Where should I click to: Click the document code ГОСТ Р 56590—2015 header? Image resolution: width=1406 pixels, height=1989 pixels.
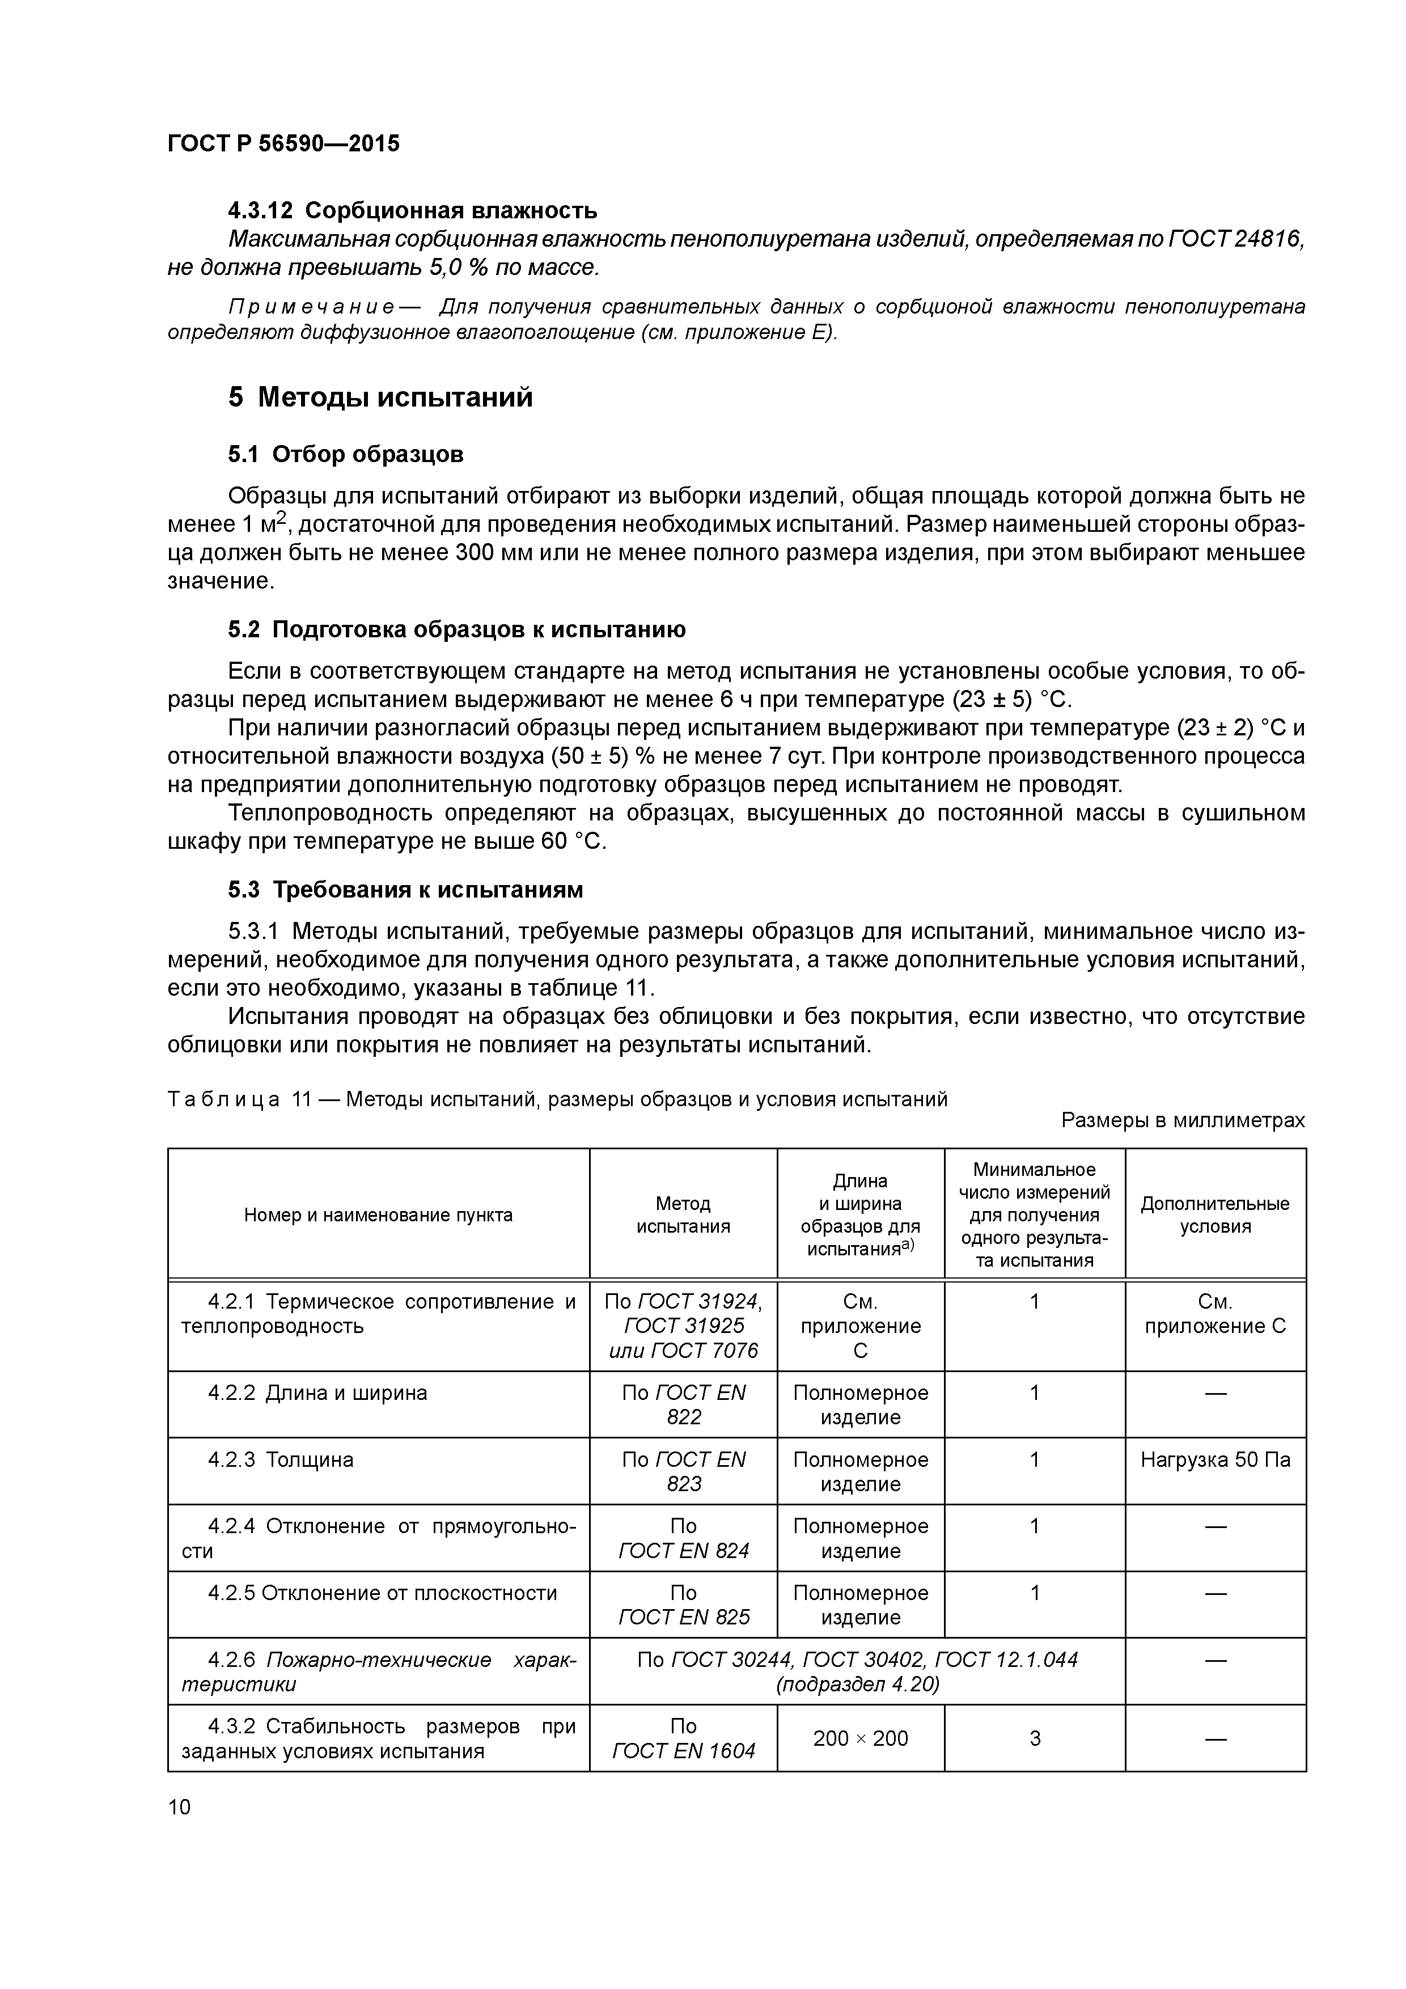click(x=283, y=144)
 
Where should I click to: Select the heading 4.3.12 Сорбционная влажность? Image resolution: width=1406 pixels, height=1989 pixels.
click(x=412, y=210)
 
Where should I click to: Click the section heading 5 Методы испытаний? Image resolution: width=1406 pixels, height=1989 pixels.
click(x=380, y=397)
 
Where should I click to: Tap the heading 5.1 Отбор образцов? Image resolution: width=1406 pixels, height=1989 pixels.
click(x=346, y=454)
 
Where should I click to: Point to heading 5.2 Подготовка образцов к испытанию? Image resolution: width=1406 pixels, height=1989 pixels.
click(x=456, y=630)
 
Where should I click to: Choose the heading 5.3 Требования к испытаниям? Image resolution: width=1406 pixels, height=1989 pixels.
click(x=405, y=890)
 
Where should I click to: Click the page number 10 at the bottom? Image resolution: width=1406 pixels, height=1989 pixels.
click(x=179, y=1807)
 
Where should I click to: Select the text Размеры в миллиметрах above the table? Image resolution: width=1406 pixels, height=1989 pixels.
click(x=1183, y=1121)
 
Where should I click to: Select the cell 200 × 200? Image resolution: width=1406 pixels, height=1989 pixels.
click(x=860, y=1738)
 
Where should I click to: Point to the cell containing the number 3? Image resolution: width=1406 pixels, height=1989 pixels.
click(x=1034, y=1738)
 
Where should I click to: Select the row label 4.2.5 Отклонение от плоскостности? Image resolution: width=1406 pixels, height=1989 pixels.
click(x=382, y=1593)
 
